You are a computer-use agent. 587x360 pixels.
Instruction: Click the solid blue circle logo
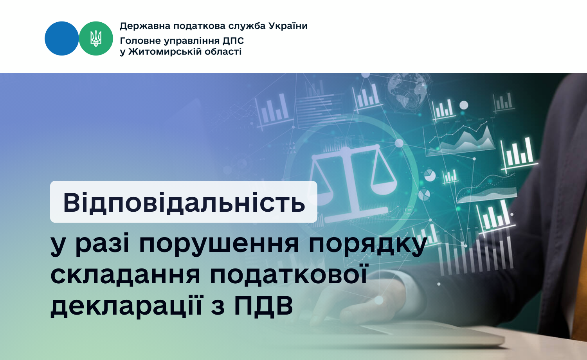click(61, 38)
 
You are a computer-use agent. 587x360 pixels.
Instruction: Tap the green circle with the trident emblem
click(96, 38)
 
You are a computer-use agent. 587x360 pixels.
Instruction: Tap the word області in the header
click(223, 52)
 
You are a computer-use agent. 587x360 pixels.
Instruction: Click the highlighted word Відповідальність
click(184, 203)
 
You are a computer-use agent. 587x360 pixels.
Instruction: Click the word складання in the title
click(125, 275)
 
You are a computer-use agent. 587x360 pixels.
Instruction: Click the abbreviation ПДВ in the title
click(263, 305)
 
